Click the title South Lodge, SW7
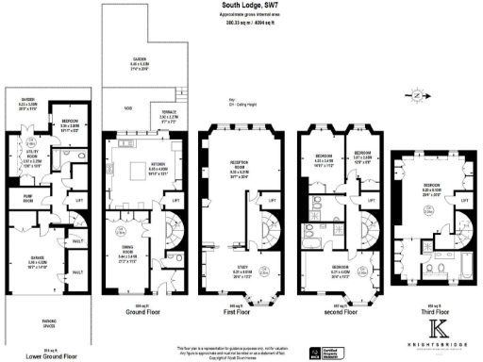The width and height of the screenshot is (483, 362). [x=241, y=6]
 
